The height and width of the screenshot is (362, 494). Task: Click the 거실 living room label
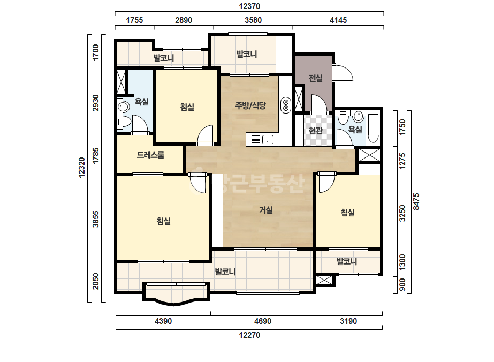[x=265, y=210]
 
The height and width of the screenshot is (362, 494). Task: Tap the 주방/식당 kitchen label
[x=250, y=105]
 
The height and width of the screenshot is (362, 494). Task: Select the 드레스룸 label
[x=150, y=155]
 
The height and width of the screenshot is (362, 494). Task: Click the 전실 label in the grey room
[x=315, y=78]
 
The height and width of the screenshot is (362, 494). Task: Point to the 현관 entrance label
[x=315, y=130]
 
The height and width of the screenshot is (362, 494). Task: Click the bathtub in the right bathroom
[x=373, y=129]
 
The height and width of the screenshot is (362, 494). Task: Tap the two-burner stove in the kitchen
[x=286, y=105]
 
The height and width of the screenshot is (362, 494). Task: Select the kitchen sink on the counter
[x=268, y=139]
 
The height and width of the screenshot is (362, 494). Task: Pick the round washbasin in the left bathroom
[x=123, y=107]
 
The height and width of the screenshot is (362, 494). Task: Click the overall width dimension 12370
[x=249, y=6]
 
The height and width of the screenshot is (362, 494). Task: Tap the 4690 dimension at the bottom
[x=262, y=321]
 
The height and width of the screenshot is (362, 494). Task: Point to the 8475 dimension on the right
[x=416, y=202]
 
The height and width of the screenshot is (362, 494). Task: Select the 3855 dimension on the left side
[x=95, y=219]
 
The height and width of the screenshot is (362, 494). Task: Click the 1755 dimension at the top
[x=134, y=20]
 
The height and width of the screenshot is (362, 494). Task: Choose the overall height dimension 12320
[x=82, y=168]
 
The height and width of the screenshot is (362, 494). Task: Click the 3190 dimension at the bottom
[x=348, y=321]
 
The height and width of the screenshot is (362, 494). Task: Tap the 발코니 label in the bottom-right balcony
[x=347, y=261]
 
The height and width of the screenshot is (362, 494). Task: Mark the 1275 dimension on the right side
[x=402, y=161]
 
